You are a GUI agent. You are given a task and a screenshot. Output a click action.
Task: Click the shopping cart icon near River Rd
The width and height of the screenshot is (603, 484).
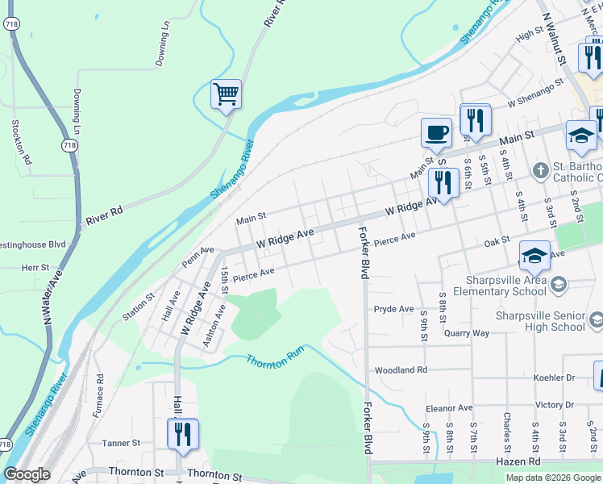(x=226, y=94)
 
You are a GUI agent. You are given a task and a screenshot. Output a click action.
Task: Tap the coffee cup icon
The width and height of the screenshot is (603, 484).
(x=436, y=132)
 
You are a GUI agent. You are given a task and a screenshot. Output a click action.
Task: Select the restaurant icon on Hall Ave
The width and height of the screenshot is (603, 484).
(x=182, y=434)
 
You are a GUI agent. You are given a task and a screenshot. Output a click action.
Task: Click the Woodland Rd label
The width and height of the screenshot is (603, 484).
(x=400, y=370)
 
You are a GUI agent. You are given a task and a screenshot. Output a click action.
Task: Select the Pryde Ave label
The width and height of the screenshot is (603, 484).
(x=393, y=309)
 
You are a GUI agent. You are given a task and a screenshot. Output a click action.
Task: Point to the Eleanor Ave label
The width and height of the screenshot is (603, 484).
(x=448, y=408)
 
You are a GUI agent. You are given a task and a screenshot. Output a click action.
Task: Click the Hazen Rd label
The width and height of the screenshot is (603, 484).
(x=540, y=461)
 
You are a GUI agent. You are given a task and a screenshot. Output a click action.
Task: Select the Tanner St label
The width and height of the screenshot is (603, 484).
(x=121, y=443)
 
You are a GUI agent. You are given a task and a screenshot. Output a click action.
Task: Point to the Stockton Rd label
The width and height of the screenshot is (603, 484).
(x=21, y=143)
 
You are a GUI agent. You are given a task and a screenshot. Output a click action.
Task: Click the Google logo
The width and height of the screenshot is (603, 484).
(x=27, y=474)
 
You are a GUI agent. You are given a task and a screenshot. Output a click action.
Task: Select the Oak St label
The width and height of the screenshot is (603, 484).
(x=497, y=240)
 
